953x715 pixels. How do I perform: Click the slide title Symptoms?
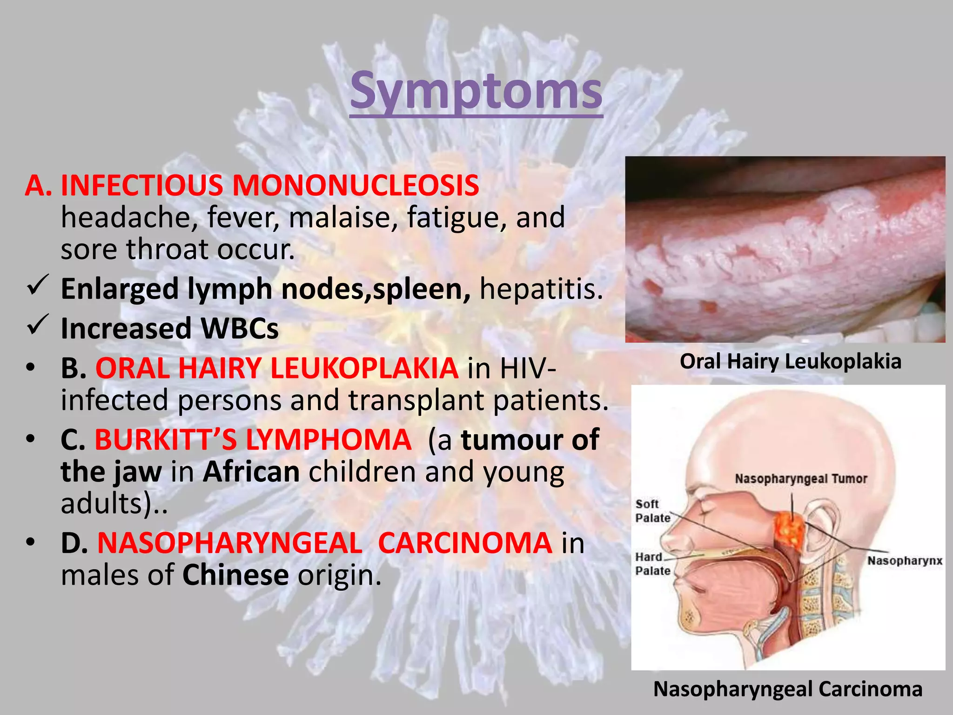(476, 91)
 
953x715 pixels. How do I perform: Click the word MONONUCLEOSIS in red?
(356, 185)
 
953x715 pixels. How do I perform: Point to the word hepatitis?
(541, 289)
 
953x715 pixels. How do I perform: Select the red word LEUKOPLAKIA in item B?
(364, 368)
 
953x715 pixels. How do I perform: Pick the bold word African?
(251, 472)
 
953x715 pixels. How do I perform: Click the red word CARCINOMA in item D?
(465, 543)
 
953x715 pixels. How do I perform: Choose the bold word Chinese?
(235, 575)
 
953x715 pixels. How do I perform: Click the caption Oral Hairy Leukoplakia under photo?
(790, 361)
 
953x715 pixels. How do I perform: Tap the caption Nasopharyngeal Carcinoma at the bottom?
(787, 689)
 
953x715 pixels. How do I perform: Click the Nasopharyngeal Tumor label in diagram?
(801, 479)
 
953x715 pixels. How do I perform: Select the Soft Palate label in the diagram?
(652, 511)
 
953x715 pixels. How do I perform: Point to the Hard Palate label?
(652, 564)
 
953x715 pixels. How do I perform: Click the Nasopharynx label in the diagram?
(904, 560)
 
